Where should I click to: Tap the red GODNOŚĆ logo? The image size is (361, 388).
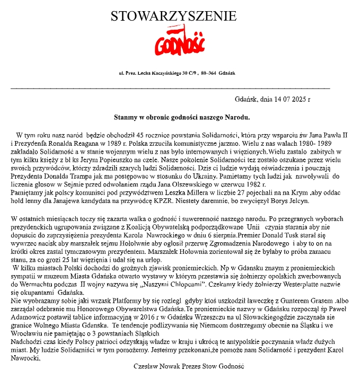[180, 42]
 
